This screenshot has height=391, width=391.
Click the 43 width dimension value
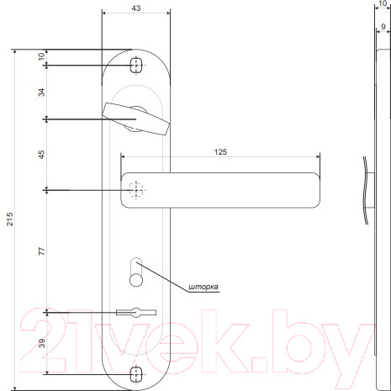(x=135, y=8)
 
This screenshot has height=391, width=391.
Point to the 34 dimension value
(x=42, y=92)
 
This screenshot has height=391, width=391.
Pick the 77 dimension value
(x=42, y=251)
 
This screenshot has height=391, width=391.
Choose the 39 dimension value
(x=42, y=342)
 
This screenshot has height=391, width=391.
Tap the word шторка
(x=205, y=287)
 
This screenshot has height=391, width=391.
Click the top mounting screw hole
(x=136, y=64)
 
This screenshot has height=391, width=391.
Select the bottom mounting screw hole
(x=136, y=373)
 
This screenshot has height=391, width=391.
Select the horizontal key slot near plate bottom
(x=135, y=313)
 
